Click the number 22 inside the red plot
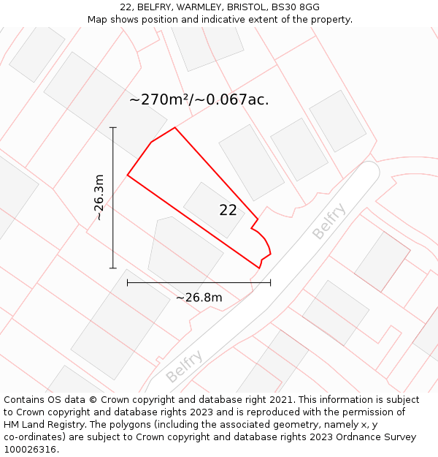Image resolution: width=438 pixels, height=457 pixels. pos(228,211)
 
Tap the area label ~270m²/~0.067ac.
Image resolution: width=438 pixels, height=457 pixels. pos(199,100)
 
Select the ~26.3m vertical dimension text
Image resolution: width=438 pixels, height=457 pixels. pos(99,197)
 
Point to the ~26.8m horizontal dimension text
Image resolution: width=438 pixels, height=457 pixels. pos(199,298)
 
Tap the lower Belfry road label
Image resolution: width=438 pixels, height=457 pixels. pos(183,367)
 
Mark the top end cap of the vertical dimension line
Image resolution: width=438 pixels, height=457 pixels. pos(113,128)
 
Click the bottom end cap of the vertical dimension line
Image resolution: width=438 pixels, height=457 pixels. pos(113,268)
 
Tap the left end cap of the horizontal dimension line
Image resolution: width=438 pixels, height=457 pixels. pos(128,282)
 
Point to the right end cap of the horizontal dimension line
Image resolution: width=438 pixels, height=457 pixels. pos(270,282)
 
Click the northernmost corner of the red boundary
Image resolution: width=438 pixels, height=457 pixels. pos(174,128)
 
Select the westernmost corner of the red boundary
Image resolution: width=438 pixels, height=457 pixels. pos(128,175)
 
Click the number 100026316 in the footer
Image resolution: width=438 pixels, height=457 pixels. pos(29,450)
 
